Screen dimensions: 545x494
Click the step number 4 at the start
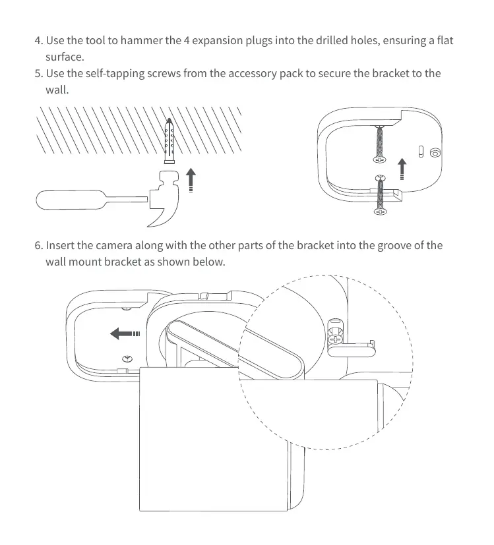38,41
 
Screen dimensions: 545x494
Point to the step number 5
38,73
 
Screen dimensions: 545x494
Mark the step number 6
38,246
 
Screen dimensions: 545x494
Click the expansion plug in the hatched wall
170,141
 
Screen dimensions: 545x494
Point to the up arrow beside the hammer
191,179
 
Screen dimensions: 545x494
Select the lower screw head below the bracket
380,212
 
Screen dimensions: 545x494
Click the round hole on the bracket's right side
434,152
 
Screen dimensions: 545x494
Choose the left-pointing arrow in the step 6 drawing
125,334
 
